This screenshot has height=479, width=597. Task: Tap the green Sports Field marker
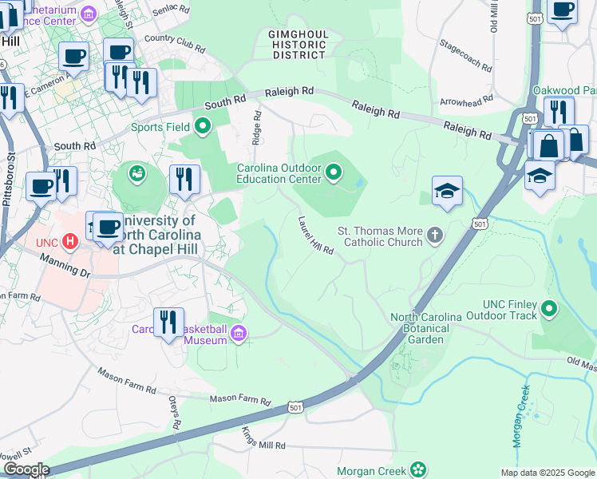(x=203, y=125)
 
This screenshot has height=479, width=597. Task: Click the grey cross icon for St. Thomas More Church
(x=434, y=235)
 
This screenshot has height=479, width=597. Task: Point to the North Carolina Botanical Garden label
(x=426, y=328)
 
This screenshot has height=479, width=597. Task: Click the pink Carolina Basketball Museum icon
(x=239, y=332)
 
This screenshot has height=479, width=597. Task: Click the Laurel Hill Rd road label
(x=316, y=236)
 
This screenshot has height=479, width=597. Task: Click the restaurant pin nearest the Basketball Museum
(x=168, y=322)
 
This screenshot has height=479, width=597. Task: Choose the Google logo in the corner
(x=26, y=469)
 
